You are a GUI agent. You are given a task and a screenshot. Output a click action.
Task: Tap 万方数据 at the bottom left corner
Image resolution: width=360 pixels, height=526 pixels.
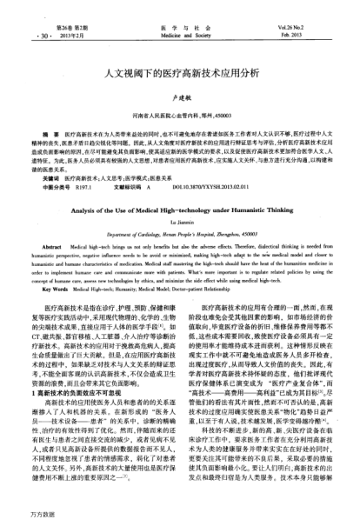[x=18, y=515]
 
